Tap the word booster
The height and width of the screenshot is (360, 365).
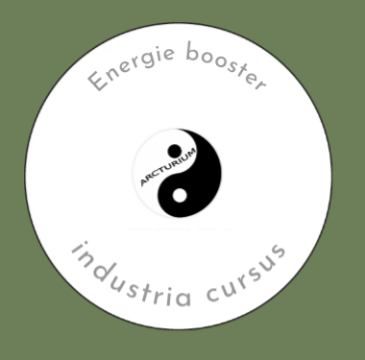coord(220,67)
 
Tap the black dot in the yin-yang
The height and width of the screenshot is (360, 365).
coord(175,151)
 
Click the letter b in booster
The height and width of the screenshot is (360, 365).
coord(189,54)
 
